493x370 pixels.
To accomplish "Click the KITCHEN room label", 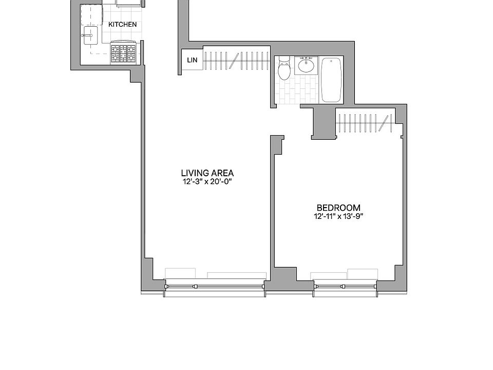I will (122, 24).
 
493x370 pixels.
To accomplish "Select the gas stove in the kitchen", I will (124, 52).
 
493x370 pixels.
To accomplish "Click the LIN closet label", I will (192, 61).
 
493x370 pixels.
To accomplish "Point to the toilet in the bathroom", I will (284, 69).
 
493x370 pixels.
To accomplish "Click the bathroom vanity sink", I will (307, 65).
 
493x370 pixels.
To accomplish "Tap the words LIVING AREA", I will (207, 173).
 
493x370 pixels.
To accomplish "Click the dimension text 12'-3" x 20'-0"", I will (207, 181).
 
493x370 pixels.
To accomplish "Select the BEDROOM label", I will (342, 208).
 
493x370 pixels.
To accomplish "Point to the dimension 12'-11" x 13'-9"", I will (342, 216).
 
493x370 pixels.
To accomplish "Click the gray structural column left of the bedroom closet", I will (323, 123).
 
